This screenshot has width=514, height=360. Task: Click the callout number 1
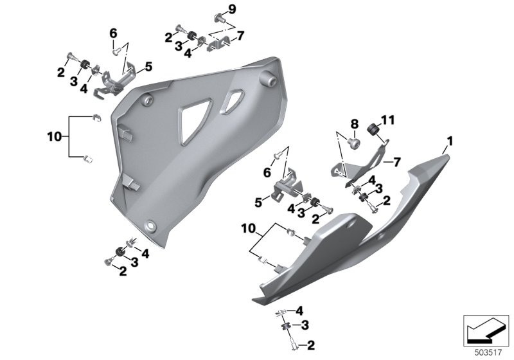[450, 141]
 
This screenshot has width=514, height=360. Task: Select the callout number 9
[232, 9]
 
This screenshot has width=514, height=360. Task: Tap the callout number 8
[355, 124]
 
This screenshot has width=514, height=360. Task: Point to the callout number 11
[387, 120]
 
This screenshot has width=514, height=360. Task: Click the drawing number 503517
[488, 353]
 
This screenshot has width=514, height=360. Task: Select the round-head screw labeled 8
[354, 143]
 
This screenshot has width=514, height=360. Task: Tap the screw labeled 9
[219, 19]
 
